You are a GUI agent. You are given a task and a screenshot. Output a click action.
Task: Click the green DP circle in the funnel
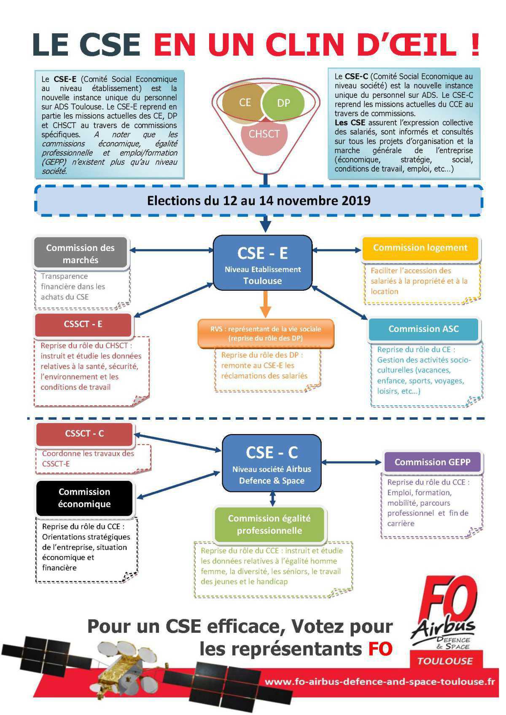tap(283, 103)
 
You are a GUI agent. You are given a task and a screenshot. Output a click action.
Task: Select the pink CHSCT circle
tap(264, 134)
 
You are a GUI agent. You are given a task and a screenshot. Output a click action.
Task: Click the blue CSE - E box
tap(262, 262)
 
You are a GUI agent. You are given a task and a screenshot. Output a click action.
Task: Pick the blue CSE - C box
tap(272, 463)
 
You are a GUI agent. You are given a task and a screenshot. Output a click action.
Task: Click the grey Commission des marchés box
tap(80, 254)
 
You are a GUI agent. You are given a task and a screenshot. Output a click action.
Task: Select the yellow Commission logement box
tap(420, 248)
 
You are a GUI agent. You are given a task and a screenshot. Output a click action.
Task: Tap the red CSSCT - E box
tap(83, 324)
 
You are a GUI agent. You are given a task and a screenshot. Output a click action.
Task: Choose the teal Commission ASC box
tap(423, 329)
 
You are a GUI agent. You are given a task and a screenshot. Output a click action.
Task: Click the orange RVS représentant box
tap(266, 333)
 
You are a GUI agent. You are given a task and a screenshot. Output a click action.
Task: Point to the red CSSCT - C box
tap(84, 434)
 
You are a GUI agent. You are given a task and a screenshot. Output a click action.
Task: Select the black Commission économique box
tap(84, 498)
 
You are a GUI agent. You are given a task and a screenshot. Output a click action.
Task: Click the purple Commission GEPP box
tap(432, 462)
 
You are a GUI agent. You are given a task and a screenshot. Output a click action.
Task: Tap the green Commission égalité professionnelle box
tap(269, 524)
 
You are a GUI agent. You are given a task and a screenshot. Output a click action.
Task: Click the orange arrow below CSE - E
tap(265, 305)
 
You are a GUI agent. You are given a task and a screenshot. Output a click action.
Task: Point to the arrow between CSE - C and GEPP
tap(352, 462)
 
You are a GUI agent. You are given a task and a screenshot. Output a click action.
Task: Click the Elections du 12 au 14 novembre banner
tap(258, 200)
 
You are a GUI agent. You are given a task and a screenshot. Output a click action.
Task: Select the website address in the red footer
tap(379, 682)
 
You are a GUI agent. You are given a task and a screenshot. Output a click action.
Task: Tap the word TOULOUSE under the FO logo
tap(445, 661)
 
